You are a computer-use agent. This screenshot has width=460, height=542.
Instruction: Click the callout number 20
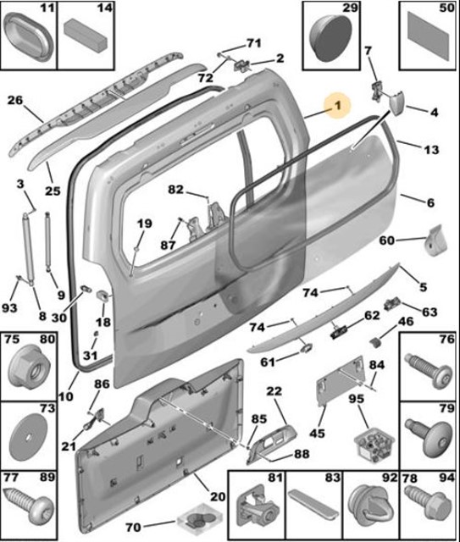[218, 498]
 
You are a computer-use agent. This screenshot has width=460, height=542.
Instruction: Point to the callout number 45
[317, 434]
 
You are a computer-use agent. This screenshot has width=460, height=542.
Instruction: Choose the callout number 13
[431, 149]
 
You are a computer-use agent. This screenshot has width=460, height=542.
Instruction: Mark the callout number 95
[357, 398]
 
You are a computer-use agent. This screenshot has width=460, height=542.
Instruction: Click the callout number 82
[175, 188]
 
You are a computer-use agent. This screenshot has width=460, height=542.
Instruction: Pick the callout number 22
[274, 390]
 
